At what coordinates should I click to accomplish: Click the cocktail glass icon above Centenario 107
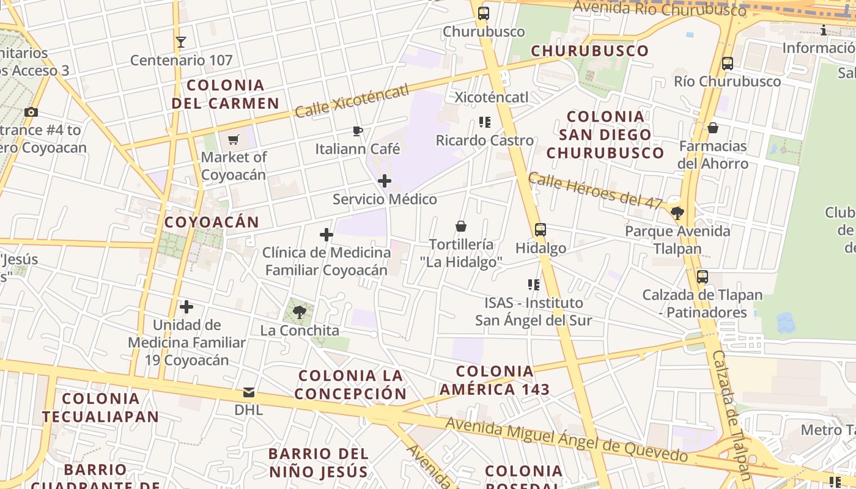tap(180, 42)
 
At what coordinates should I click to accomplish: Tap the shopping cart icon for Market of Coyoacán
tap(233, 140)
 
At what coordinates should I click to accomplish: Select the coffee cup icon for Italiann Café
tap(358, 131)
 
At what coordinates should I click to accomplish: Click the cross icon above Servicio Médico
tap(385, 181)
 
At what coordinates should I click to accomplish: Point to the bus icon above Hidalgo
tap(541, 230)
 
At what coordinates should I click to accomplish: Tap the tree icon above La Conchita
tap(300, 312)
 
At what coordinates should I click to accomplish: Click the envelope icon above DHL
tap(249, 392)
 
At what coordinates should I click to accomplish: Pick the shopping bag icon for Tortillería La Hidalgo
tap(461, 226)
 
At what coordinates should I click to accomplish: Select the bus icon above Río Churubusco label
tap(728, 63)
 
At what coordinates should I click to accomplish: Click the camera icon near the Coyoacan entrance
tap(31, 112)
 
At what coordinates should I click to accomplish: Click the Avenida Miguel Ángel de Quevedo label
tap(566, 439)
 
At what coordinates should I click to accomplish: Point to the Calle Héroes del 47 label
tap(595, 189)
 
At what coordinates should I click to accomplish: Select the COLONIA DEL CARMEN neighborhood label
tap(225, 94)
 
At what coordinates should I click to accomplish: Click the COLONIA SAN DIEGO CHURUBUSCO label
tap(605, 134)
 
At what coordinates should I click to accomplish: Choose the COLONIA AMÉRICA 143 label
tap(495, 380)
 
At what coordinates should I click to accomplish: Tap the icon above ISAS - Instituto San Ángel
tap(534, 284)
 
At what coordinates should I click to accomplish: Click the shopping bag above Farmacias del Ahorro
tap(713, 128)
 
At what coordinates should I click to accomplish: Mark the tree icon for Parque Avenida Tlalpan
tap(677, 213)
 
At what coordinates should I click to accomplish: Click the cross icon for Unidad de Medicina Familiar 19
tap(186, 307)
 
